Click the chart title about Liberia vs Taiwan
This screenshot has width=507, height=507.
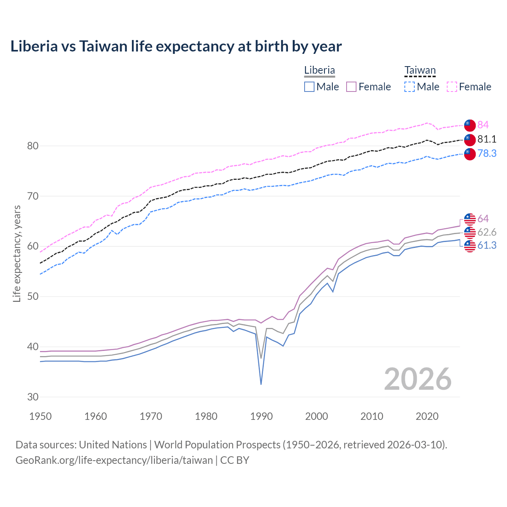click(176, 46)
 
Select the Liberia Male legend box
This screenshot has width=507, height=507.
click(309, 87)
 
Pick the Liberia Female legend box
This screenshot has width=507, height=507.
click(352, 87)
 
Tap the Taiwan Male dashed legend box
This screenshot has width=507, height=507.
click(410, 87)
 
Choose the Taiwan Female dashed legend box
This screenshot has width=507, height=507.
click(452, 87)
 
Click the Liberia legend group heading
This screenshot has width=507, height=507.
click(319, 70)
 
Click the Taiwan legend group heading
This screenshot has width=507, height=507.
click(420, 71)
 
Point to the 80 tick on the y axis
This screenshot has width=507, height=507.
click(33, 146)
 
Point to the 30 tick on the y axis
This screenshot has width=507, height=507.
click(33, 397)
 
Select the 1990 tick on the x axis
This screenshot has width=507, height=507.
click(261, 416)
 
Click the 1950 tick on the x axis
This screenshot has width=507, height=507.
click(40, 416)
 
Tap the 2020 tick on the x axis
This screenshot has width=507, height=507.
click(427, 416)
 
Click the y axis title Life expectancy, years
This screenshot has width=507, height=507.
click(17, 253)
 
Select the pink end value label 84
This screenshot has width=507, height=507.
click(483, 125)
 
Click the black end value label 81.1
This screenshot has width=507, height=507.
click(487, 139)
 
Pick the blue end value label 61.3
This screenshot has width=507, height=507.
click(487, 246)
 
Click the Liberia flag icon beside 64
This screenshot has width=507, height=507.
click(470, 219)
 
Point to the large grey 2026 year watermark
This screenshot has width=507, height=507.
click(417, 379)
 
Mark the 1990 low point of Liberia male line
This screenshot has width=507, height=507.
click(261, 384)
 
